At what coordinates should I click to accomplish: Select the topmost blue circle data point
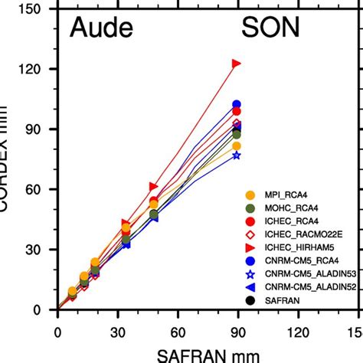coord(236,104)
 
